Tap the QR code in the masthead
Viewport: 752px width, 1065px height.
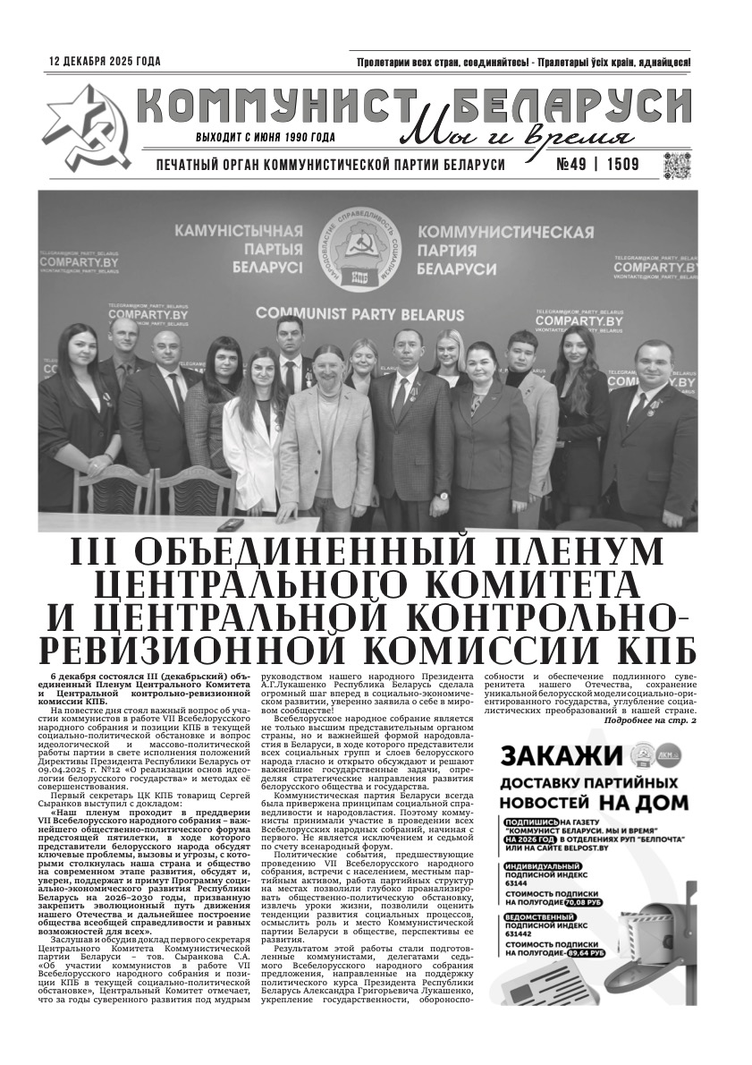[677, 166]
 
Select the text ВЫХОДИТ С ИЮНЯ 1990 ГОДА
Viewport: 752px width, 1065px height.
[266, 138]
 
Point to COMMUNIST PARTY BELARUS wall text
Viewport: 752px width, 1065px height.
[359, 315]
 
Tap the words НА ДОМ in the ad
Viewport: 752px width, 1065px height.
[644, 802]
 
